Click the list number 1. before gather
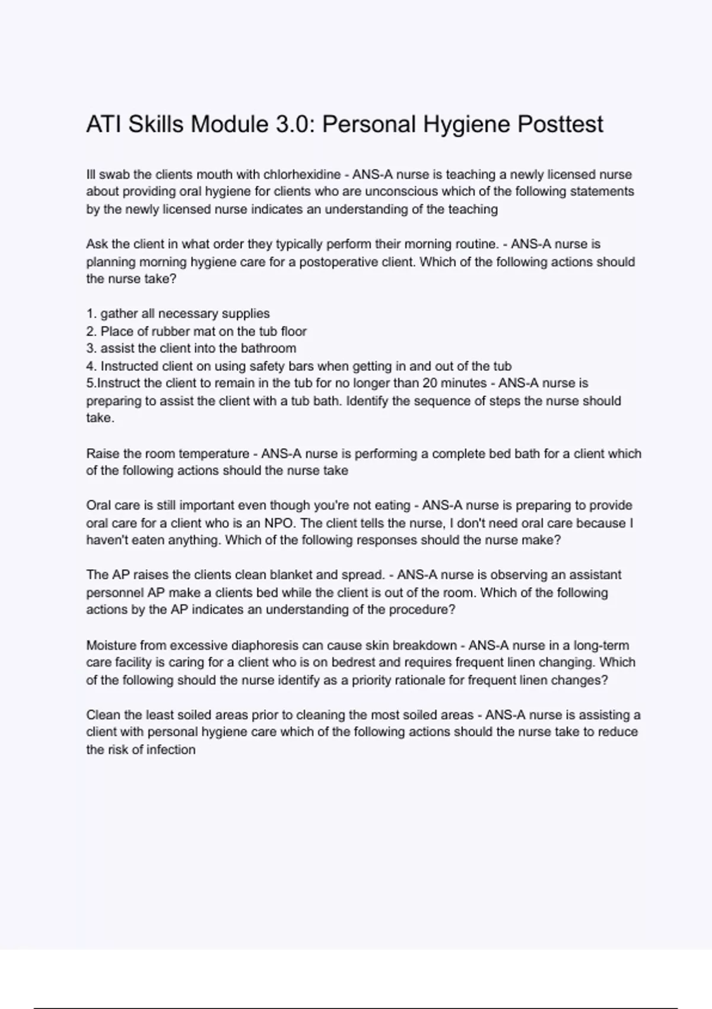coord(91,313)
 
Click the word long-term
coord(601,645)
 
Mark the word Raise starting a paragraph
coord(103,453)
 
